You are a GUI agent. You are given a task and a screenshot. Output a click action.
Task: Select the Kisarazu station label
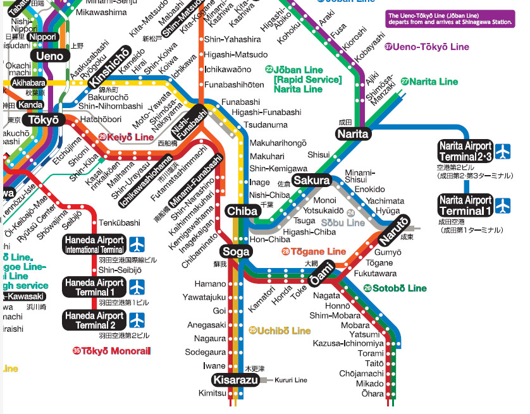[235, 379]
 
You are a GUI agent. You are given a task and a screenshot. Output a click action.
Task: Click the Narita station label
[353, 134]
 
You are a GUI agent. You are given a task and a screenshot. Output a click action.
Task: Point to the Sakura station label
[312, 180]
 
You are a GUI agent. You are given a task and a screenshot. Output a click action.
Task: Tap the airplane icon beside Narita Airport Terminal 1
[502, 205]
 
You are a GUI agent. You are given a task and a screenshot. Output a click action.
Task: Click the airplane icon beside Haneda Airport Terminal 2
[137, 320]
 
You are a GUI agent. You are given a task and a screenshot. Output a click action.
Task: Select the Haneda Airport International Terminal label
[94, 245]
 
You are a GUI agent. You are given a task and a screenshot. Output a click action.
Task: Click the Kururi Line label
[292, 380]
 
